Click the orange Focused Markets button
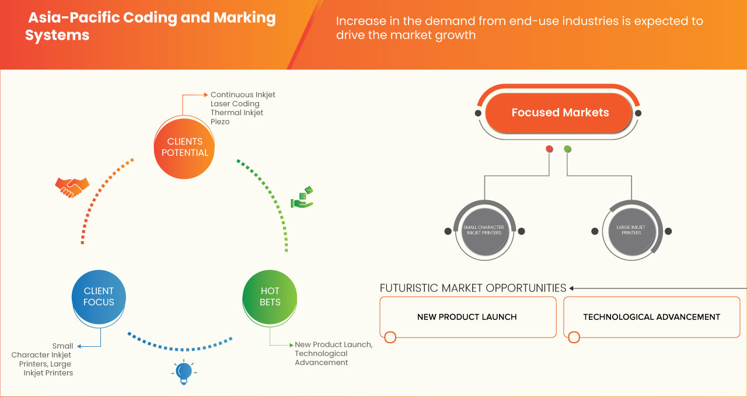point(560,113)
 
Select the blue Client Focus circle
point(99,297)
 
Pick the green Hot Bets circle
point(270,297)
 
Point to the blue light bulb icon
point(184,372)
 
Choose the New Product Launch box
point(467,317)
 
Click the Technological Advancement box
point(651,317)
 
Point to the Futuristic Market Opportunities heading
point(473,288)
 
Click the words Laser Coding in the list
point(235,104)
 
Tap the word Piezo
point(221,122)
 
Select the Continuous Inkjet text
point(243,95)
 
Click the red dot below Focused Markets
point(549,149)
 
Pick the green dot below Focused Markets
point(567,149)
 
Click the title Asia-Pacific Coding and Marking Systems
point(151,26)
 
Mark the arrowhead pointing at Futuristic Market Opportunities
point(572,288)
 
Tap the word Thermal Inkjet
point(237,113)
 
